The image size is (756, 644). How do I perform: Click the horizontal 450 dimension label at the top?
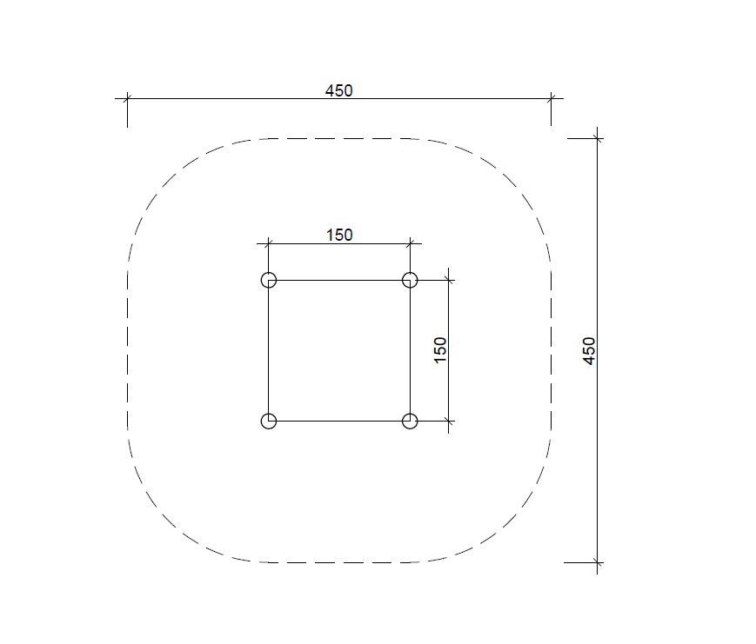(339, 90)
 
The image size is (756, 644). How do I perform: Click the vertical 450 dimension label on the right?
(589, 350)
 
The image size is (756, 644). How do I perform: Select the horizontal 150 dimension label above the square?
(339, 235)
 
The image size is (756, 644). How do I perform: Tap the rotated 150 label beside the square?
(440, 350)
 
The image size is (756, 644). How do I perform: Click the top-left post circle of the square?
(269, 280)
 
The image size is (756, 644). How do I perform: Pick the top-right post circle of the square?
(410, 280)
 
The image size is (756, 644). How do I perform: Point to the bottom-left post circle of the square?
(269, 421)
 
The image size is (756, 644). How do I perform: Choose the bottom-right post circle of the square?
(410, 421)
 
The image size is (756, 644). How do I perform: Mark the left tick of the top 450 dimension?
(127, 99)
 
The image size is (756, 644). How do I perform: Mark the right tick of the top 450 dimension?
(551, 99)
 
